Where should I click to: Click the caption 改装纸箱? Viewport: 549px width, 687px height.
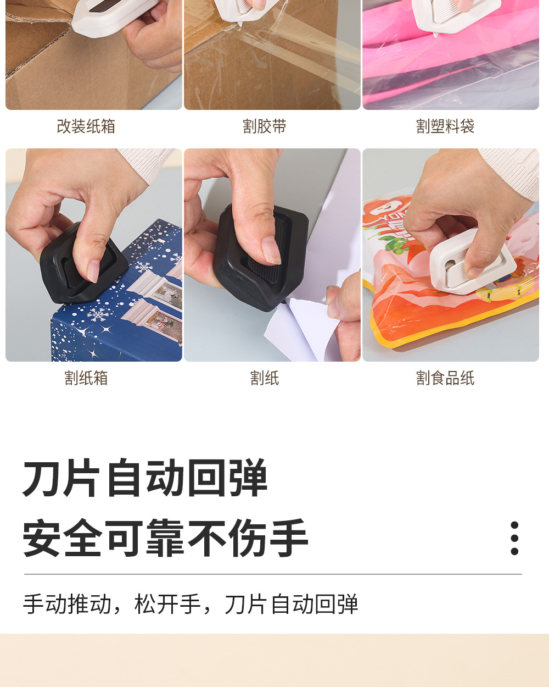pos(86,126)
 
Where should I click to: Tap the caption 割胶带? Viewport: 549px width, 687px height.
pos(265,126)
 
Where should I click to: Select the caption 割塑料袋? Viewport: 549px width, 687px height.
pos(445,126)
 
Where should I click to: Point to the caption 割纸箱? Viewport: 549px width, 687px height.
pos(86,378)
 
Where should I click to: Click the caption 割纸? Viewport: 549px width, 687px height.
pos(265,378)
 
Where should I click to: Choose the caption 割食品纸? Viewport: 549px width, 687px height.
pos(445,378)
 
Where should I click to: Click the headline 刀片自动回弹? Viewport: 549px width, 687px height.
pos(145,478)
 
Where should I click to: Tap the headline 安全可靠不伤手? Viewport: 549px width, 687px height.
pos(165,538)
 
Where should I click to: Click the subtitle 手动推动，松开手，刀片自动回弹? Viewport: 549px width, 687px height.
pos(191,604)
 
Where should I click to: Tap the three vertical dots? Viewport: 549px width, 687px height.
pos(514,538)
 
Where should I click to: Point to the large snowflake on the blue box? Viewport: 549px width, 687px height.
pos(99,315)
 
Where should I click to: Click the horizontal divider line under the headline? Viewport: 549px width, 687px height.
pos(273,574)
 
